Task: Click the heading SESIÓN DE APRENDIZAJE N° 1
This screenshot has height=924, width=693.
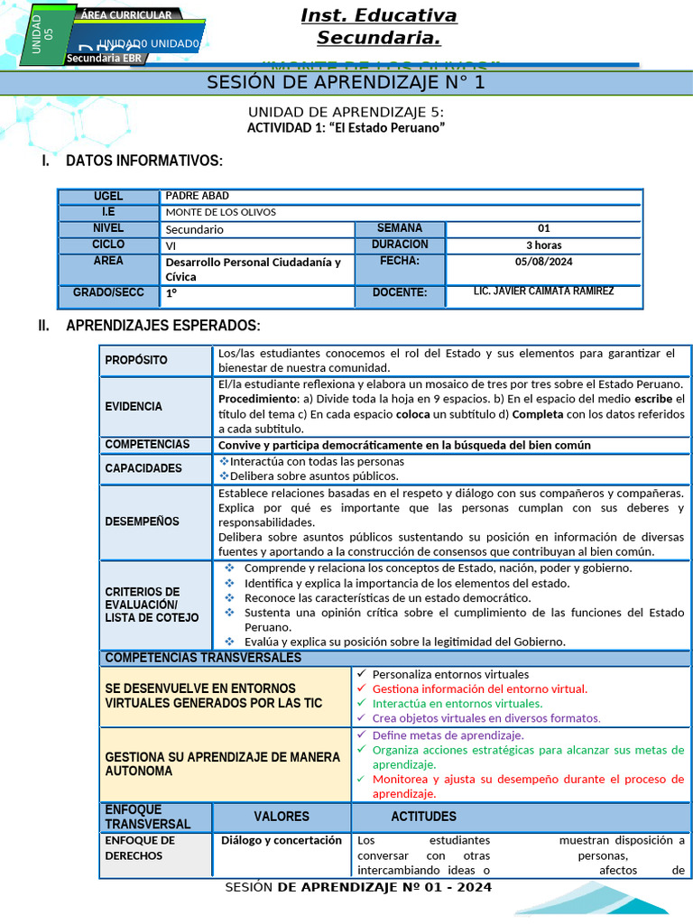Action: (346, 83)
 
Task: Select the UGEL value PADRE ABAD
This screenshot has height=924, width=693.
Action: (198, 196)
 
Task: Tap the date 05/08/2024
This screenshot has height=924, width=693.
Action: (543, 262)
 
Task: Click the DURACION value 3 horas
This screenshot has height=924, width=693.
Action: (543, 245)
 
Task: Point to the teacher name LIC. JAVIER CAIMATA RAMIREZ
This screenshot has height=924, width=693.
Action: (543, 291)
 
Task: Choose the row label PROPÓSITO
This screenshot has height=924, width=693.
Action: (136, 360)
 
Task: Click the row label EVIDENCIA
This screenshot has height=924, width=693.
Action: (134, 406)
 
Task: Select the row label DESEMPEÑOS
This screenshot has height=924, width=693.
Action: (142, 521)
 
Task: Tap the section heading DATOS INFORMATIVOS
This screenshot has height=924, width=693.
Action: (143, 161)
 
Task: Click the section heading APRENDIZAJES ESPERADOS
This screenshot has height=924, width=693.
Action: (162, 325)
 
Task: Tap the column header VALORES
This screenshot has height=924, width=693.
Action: (281, 817)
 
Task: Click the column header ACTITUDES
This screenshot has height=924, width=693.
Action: (423, 817)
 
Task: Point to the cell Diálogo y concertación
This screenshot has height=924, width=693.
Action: (282, 840)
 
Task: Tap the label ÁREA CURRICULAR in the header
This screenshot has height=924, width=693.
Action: (125, 15)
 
